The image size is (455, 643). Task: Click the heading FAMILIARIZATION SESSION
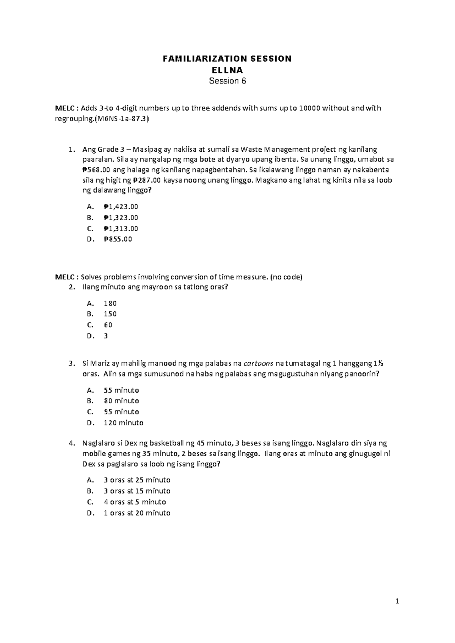pyautogui.click(x=227, y=59)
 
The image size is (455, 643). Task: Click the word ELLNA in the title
pyautogui.click(x=227, y=70)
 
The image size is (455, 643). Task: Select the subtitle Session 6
pyautogui.click(x=227, y=81)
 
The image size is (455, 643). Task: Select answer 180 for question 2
pyautogui.click(x=110, y=303)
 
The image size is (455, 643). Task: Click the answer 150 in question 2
pyautogui.click(x=110, y=314)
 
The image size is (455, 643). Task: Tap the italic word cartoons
pyautogui.click(x=258, y=364)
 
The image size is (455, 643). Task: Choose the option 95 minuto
pyautogui.click(x=121, y=412)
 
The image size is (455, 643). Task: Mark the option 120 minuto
pyautogui.click(x=123, y=423)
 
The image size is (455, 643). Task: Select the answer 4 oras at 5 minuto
pyautogui.click(x=135, y=502)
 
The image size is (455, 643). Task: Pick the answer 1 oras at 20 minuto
pyautogui.click(x=136, y=513)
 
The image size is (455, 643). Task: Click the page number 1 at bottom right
pyautogui.click(x=397, y=601)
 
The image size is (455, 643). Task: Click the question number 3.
pyautogui.click(x=71, y=364)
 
